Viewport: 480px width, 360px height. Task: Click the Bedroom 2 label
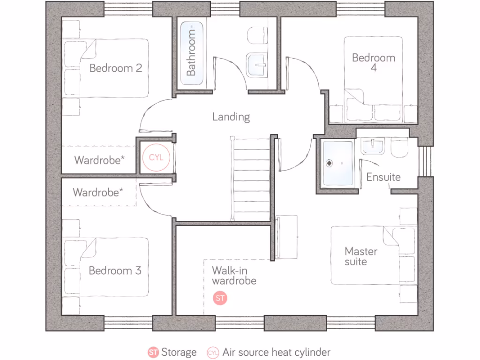pyautogui.click(x=115, y=68)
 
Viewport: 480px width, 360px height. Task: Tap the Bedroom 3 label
pyautogui.click(x=115, y=270)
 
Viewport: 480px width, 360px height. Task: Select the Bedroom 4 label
pyautogui.click(x=374, y=62)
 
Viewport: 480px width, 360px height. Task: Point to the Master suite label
pyautogui.click(x=360, y=256)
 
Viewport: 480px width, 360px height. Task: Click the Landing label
pyautogui.click(x=231, y=117)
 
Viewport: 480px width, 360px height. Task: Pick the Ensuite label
pyautogui.click(x=383, y=177)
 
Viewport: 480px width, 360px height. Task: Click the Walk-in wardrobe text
pyautogui.click(x=233, y=276)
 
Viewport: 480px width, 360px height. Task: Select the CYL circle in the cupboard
pyautogui.click(x=156, y=157)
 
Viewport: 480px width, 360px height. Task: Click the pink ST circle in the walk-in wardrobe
pyautogui.click(x=220, y=298)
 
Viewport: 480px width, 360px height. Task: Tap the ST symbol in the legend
pyautogui.click(x=153, y=352)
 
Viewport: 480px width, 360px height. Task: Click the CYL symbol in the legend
pyautogui.click(x=213, y=352)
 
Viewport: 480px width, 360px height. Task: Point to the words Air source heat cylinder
pyautogui.click(x=277, y=352)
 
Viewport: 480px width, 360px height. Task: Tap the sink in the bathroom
pyautogui.click(x=257, y=63)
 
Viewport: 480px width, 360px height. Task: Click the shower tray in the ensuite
pyautogui.click(x=337, y=163)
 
